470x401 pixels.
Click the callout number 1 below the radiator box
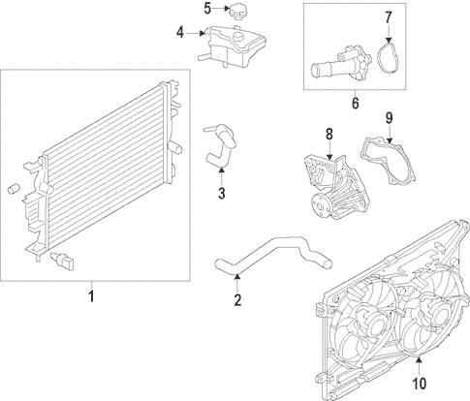(x=91, y=296)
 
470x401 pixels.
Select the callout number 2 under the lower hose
(x=237, y=300)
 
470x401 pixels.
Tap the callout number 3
(x=221, y=193)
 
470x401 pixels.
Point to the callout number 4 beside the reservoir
(x=180, y=33)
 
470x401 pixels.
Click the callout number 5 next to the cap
(x=207, y=9)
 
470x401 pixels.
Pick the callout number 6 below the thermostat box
(x=355, y=103)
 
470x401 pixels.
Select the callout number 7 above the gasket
(x=388, y=17)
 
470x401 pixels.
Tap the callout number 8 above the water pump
(x=329, y=135)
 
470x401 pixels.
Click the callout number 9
(x=389, y=118)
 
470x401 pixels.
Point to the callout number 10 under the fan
(x=419, y=384)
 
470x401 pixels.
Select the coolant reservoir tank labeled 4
(x=232, y=46)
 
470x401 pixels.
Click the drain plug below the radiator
(x=63, y=261)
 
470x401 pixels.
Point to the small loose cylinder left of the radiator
(x=14, y=189)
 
